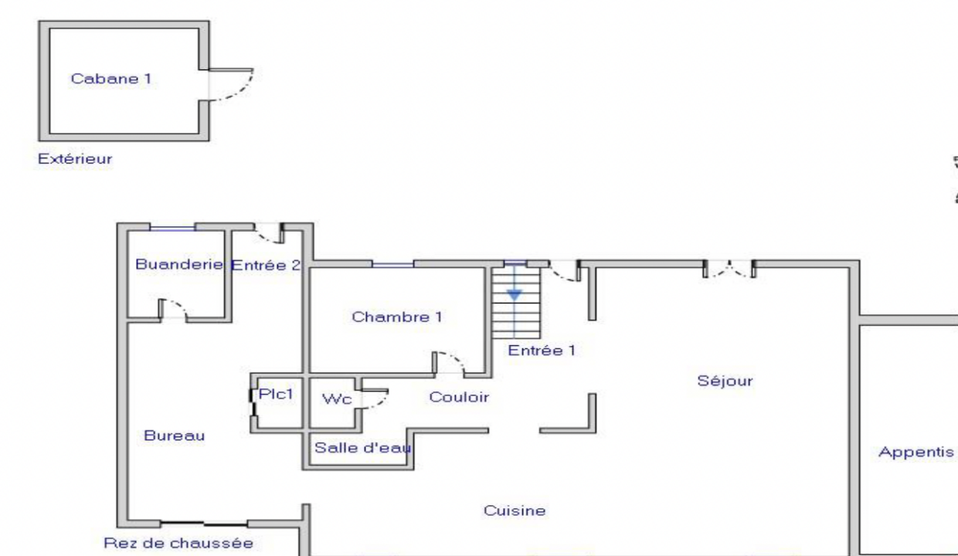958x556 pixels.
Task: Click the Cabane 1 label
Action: click(x=111, y=78)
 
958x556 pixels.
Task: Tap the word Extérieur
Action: click(x=75, y=159)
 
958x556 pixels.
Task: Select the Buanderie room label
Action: click(x=179, y=264)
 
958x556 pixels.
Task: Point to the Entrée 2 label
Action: click(x=266, y=266)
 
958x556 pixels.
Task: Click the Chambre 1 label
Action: click(x=397, y=317)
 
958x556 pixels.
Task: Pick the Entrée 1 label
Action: click(x=542, y=350)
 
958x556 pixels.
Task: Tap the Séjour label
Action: click(x=725, y=380)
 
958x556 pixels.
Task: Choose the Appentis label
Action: click(x=916, y=452)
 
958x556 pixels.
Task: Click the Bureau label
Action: click(x=175, y=436)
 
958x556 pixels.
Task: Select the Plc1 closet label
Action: click(x=277, y=394)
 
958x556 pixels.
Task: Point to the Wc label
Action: click(x=337, y=399)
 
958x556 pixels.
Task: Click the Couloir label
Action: click(x=459, y=397)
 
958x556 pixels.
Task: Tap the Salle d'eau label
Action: click(x=362, y=447)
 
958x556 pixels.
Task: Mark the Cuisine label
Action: click(x=515, y=510)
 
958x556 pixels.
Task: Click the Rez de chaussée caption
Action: click(x=178, y=543)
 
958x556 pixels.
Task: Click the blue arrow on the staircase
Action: click(x=515, y=294)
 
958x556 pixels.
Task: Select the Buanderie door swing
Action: click(x=173, y=308)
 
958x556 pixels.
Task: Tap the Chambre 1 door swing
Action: click(x=449, y=364)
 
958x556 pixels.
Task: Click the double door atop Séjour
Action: click(x=729, y=270)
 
